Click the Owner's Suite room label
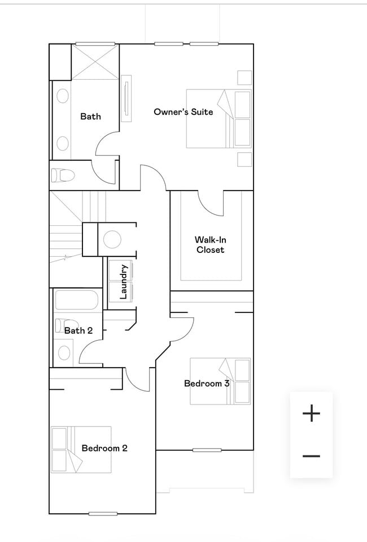pyautogui.click(x=183, y=111)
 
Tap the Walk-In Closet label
pyautogui.click(x=211, y=245)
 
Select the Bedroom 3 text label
pyautogui.click(x=207, y=384)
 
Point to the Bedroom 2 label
pyautogui.click(x=104, y=448)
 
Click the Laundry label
pyautogui.click(x=124, y=282)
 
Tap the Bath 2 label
pyautogui.click(x=78, y=331)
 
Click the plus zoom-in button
pyautogui.click(x=311, y=413)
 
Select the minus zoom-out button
pyautogui.click(x=311, y=456)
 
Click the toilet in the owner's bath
pyautogui.click(x=63, y=175)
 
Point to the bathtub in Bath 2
pyautogui.click(x=77, y=300)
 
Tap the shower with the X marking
pyautogui.click(x=95, y=62)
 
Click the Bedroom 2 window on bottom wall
pyautogui.click(x=103, y=514)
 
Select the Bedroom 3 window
pyautogui.click(x=207, y=450)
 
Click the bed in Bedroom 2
pyautogui.click(x=81, y=449)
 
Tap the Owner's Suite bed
pyautogui.click(x=219, y=119)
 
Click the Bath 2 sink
pyautogui.click(x=64, y=352)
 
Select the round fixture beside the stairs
pyautogui.click(x=112, y=239)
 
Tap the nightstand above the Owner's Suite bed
pyautogui.click(x=244, y=78)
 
